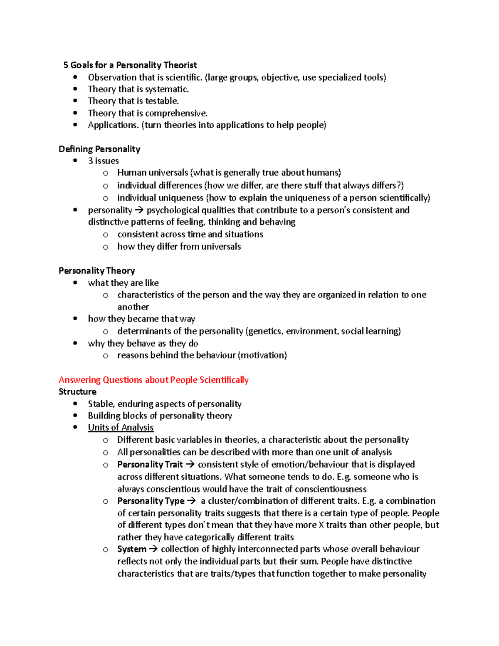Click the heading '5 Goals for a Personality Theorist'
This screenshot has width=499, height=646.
coord(130,65)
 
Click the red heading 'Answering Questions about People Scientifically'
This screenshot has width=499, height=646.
coord(153,380)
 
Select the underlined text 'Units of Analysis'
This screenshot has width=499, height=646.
coord(121,428)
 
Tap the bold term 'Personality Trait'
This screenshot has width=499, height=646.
coord(150,465)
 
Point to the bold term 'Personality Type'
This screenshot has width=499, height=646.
coord(151,501)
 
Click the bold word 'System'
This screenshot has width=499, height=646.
coord(131,549)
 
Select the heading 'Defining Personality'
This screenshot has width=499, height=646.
coord(99,149)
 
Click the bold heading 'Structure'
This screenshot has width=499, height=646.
coord(77,392)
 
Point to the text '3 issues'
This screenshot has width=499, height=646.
coord(103,161)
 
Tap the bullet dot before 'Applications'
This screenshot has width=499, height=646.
coord(75,125)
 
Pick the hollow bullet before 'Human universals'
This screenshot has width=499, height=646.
coord(106,173)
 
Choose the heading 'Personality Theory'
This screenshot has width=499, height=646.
coord(97,271)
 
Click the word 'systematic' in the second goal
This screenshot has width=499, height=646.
coord(166,89)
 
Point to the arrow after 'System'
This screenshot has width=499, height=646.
coord(153,549)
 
